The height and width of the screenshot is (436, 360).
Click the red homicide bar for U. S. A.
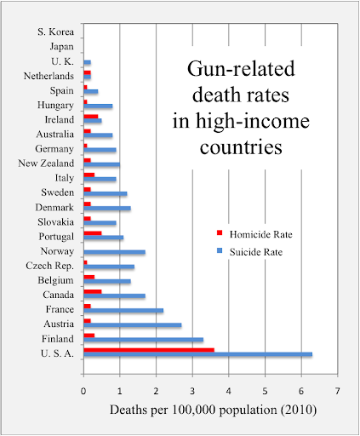coord(149,350)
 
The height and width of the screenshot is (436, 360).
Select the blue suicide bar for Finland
coord(144,340)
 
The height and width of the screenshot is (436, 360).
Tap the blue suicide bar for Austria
coord(133,325)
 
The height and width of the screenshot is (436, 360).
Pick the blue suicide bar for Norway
coord(115,252)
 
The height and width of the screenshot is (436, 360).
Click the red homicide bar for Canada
coord(93,292)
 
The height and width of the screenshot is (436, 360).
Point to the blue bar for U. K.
coord(88,62)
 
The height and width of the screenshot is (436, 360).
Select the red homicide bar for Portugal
coord(93,233)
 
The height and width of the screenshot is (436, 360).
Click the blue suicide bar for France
coord(123,311)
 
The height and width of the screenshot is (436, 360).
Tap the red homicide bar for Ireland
coord(91,117)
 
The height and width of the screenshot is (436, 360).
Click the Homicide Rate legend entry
coord(254,234)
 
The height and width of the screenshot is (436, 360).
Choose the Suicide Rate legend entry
coord(250,252)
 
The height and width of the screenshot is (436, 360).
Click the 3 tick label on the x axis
coord(192,391)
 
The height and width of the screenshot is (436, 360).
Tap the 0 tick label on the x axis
coord(83,391)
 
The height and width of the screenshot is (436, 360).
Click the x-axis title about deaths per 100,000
coord(213,410)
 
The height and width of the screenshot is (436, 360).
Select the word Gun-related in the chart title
coord(241,69)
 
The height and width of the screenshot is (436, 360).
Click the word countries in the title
coord(241,147)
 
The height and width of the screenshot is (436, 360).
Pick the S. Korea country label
coord(55,32)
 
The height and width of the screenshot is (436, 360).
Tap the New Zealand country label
coord(46,163)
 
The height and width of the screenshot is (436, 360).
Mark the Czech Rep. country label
coord(50,266)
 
